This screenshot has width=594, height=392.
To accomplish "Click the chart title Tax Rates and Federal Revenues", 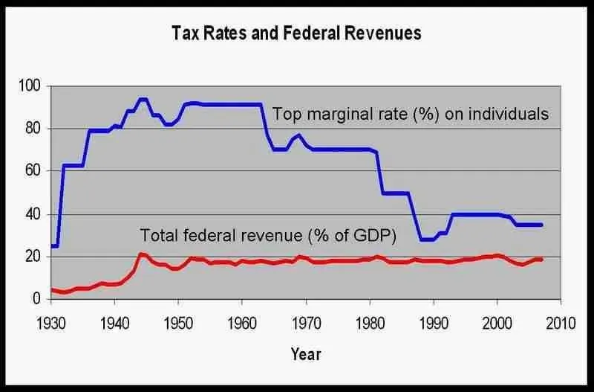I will tap(296, 33).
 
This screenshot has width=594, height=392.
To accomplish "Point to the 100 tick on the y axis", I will tap(30, 86).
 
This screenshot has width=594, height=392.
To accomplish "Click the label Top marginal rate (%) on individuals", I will tap(411, 115).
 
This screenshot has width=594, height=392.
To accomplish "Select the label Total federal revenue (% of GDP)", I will tap(269, 236).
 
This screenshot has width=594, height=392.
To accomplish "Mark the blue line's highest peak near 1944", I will tap(143, 99).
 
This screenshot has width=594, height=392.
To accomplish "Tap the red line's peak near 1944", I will tap(141, 254).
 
